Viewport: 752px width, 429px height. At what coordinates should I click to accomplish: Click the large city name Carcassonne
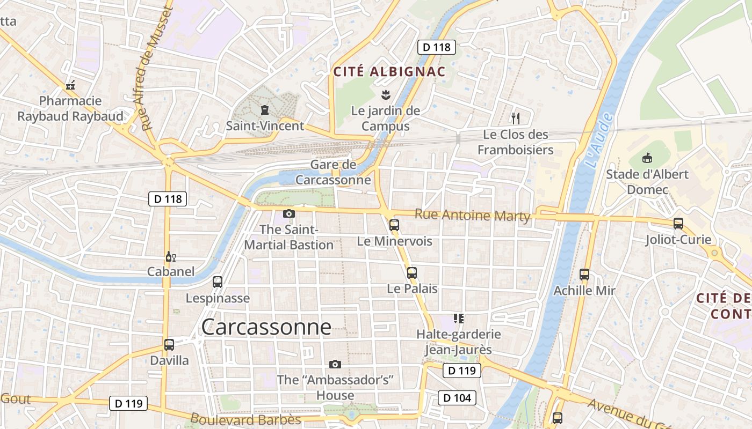click(x=266, y=327)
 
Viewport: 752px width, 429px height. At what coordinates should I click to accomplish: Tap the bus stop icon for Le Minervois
click(x=394, y=225)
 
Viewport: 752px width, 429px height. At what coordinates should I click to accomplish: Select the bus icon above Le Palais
click(x=412, y=272)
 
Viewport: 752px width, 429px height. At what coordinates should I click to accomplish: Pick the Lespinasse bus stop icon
click(x=218, y=282)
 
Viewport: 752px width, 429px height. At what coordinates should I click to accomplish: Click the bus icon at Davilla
click(x=169, y=345)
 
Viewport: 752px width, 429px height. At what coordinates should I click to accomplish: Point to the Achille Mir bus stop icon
click(x=584, y=275)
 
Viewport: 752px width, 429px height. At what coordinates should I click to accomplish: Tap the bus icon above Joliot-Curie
click(x=678, y=224)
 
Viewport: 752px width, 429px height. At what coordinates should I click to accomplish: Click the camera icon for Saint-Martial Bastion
click(x=289, y=213)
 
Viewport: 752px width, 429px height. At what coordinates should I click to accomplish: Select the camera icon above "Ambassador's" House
click(x=335, y=364)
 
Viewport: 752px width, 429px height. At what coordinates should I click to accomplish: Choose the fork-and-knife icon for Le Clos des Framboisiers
click(x=516, y=119)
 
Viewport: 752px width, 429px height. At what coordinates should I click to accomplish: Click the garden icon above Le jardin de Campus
click(x=385, y=95)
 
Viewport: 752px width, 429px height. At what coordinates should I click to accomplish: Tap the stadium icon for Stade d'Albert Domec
click(x=647, y=158)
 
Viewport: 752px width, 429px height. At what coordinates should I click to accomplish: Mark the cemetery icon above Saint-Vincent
click(x=264, y=110)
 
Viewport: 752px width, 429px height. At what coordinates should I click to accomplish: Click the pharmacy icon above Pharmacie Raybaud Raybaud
click(x=70, y=85)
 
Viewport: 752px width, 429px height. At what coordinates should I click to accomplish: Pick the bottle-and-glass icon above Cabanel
click(x=171, y=256)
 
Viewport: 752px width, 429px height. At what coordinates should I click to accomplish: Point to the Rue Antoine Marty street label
click(x=473, y=216)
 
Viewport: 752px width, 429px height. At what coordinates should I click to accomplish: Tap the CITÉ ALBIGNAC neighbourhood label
click(x=389, y=71)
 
